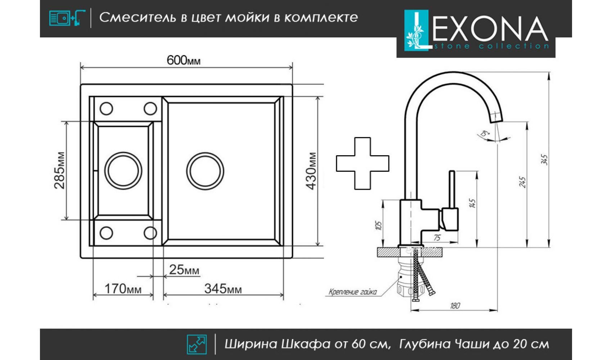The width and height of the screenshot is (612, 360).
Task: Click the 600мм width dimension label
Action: pyautogui.click(x=184, y=60)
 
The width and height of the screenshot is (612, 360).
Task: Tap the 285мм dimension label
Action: pyautogui.click(x=60, y=170)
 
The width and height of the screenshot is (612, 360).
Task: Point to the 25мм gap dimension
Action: pyautogui.click(x=184, y=270)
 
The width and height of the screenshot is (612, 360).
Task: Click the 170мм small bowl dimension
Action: pyautogui.click(x=123, y=289)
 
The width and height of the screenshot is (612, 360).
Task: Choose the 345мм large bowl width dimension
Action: pyautogui.click(x=223, y=289)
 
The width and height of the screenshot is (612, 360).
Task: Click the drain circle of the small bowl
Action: pyautogui.click(x=123, y=171)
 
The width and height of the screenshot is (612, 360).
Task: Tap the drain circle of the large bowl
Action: pyautogui.click(x=205, y=171)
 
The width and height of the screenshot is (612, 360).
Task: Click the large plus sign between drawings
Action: pyautogui.click(x=362, y=163)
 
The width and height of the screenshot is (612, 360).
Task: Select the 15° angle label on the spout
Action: pyautogui.click(x=486, y=135)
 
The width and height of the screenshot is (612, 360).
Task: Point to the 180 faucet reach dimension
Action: pyautogui.click(x=455, y=306)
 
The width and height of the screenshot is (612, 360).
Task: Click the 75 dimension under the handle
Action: pyautogui.click(x=437, y=238)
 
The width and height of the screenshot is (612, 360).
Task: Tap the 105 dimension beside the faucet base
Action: pyautogui.click(x=378, y=226)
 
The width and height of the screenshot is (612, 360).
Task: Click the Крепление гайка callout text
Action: pyautogui.click(x=352, y=292)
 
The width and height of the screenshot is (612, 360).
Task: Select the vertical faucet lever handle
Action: pyautogui.click(x=452, y=189)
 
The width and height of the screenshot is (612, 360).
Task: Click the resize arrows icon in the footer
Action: pyautogui.click(x=197, y=344)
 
